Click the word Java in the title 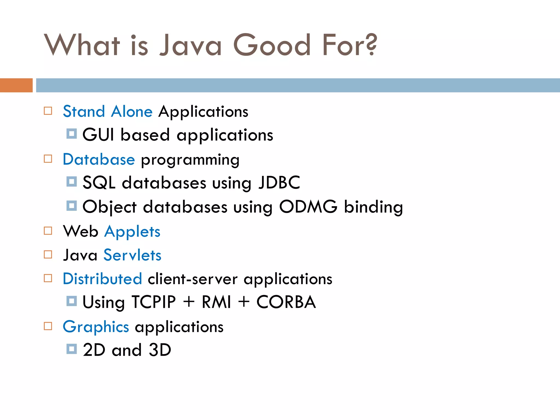[191, 45]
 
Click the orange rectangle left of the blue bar [16, 85]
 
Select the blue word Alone [132, 112]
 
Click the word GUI [98, 135]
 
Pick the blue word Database [99, 159]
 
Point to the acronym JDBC [279, 183]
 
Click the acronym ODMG [308, 207]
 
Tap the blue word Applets [132, 232]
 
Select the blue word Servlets [132, 255]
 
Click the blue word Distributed [102, 279]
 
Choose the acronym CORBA [286, 302]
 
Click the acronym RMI [216, 302]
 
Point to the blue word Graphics [96, 327]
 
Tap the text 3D [160, 350]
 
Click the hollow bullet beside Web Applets [48, 231]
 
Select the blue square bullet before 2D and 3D [72, 349]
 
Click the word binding [373, 207]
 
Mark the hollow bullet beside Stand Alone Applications [48, 111]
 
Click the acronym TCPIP [154, 302]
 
